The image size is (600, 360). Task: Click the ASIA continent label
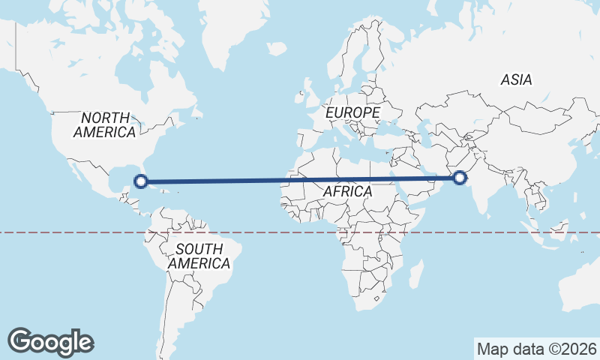516,79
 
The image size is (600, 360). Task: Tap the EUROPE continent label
353,112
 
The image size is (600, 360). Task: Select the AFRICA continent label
347,191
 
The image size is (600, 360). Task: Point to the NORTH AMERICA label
104,124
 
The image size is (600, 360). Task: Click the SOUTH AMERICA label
199,256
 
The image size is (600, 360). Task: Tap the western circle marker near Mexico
139,180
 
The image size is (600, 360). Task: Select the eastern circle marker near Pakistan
459,178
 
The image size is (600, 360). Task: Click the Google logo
50,342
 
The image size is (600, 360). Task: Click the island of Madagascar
415,274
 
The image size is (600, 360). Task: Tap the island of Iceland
276,48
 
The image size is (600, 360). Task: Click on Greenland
225,30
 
